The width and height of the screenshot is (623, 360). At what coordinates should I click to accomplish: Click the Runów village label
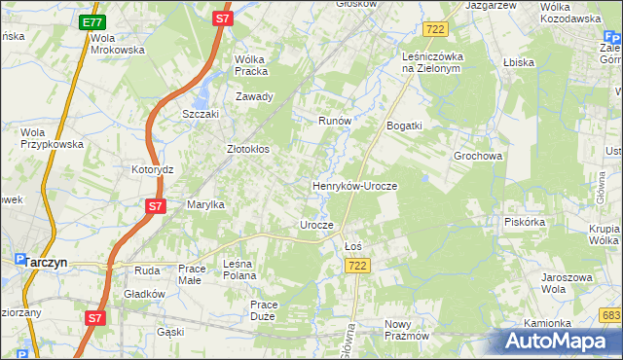coord(334,121)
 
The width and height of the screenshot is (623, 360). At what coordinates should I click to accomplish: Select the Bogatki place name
coord(404,126)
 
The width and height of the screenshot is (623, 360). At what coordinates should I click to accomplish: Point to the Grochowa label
coord(477,156)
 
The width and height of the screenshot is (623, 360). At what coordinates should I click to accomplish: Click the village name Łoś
coord(353,246)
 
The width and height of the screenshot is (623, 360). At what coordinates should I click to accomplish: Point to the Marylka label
coord(205,204)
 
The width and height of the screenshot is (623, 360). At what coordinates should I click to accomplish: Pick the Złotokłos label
coord(247,150)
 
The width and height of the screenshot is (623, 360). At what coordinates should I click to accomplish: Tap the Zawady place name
coord(254,96)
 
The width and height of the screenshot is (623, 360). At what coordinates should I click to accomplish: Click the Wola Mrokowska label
coord(116,43)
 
